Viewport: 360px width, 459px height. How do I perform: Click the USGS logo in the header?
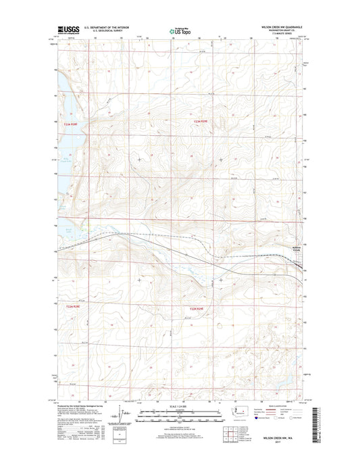tap(68, 30)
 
